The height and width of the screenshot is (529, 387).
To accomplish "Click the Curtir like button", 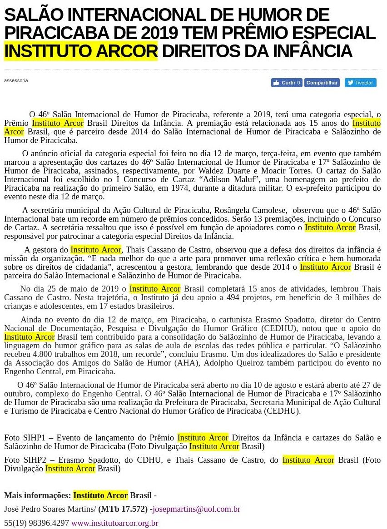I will pyautogui.click(x=287, y=83).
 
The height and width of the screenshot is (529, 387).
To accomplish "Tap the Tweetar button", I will pyautogui.click(x=360, y=83).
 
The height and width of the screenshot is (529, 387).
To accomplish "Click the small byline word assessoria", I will pyautogui.click(x=16, y=80).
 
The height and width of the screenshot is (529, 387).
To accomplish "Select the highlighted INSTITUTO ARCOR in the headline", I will pyautogui.click(x=81, y=51).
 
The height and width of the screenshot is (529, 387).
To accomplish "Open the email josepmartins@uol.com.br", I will pyautogui.click(x=196, y=509).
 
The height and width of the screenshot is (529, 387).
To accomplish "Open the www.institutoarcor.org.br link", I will pyautogui.click(x=114, y=523).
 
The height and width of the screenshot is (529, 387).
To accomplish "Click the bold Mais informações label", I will pyautogui.click(x=37, y=495).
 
